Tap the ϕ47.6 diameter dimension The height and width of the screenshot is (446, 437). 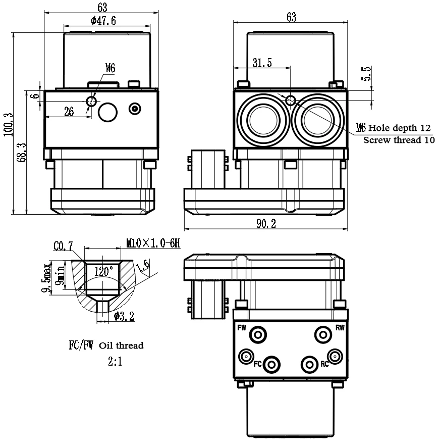pyautogui.click(x=103, y=21)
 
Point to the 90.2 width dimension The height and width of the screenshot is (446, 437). pyautogui.click(x=265, y=224)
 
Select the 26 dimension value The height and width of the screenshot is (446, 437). pyautogui.click(x=69, y=112)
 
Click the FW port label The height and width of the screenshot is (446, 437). pyautogui.click(x=242, y=328)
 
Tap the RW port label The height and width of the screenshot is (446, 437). pyautogui.click(x=340, y=328)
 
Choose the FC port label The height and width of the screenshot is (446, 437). pyautogui.click(x=258, y=364)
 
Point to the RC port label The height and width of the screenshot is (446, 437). pyautogui.click(x=324, y=364)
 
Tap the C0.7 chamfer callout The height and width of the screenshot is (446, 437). pyautogui.click(x=63, y=246)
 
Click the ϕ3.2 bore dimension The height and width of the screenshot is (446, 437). pyautogui.click(x=124, y=316)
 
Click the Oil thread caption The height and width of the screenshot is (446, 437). pyautogui.click(x=121, y=346)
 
